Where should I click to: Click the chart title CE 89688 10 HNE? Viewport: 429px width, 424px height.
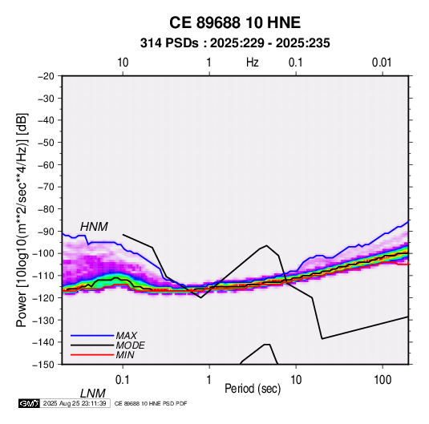coord(235,22)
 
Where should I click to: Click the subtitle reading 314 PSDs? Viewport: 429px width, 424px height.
coord(169,43)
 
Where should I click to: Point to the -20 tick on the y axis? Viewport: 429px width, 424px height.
coord(46,76)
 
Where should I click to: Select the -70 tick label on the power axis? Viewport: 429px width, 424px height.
coord(46,187)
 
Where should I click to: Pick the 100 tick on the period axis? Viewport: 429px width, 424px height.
coord(382,380)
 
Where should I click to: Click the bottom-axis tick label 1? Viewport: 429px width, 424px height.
coord(209,380)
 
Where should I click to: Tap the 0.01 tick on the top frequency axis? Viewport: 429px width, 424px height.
coord(382,63)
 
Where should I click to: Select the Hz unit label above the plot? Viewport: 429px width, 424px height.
coord(253,63)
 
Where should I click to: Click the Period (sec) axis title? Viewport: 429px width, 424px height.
coord(253,389)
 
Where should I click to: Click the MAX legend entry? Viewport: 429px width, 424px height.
coord(127,336)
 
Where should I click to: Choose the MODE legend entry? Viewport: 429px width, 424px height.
coord(130,345)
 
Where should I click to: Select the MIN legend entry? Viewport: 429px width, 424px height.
coord(125,355)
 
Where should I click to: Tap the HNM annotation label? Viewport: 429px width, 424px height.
coord(94,227)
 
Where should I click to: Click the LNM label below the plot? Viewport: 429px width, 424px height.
coord(93,394)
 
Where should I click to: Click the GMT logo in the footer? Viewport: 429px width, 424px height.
coord(30,403)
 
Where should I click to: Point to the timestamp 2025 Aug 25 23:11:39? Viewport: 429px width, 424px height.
coord(75,403)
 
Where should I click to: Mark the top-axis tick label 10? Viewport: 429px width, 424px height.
coord(123,63)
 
